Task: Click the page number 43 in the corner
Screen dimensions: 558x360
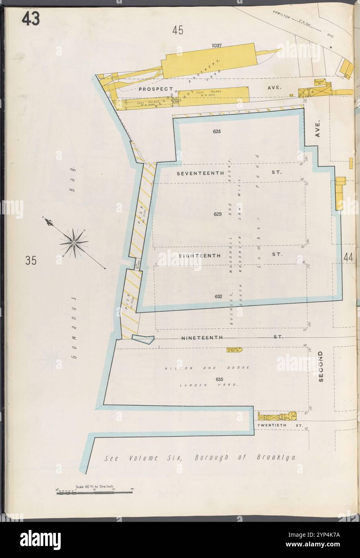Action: (31, 18)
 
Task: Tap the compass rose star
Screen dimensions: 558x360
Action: (74, 242)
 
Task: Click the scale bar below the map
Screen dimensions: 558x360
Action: (94, 492)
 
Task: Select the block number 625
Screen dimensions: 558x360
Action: (217, 131)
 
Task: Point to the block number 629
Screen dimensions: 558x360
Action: (217, 214)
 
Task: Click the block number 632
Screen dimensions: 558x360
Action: (218, 297)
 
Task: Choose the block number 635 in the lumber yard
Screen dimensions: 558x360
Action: (219, 379)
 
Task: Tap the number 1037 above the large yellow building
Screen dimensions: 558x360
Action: (217, 46)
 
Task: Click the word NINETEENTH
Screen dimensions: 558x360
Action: (202, 338)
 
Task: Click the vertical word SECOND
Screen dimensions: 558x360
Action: (321, 366)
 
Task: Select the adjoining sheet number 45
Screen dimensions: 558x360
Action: (178, 30)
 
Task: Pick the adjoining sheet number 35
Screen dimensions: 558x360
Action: (31, 261)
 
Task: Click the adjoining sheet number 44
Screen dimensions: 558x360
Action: (348, 257)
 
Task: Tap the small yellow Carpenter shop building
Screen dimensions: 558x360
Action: (234, 350)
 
